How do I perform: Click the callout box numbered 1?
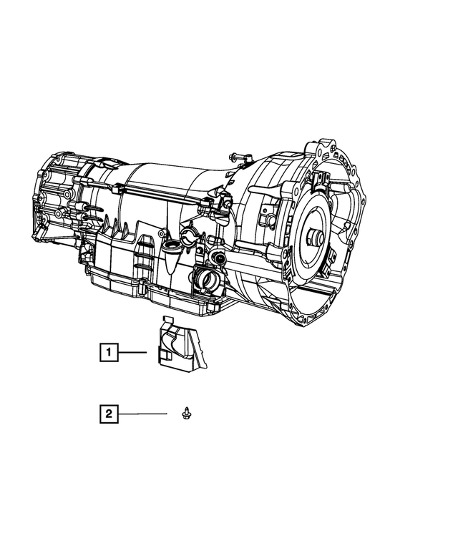(x=108, y=351)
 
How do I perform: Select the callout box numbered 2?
(x=108, y=413)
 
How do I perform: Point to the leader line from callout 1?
(x=132, y=351)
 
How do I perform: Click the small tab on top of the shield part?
(x=168, y=320)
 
